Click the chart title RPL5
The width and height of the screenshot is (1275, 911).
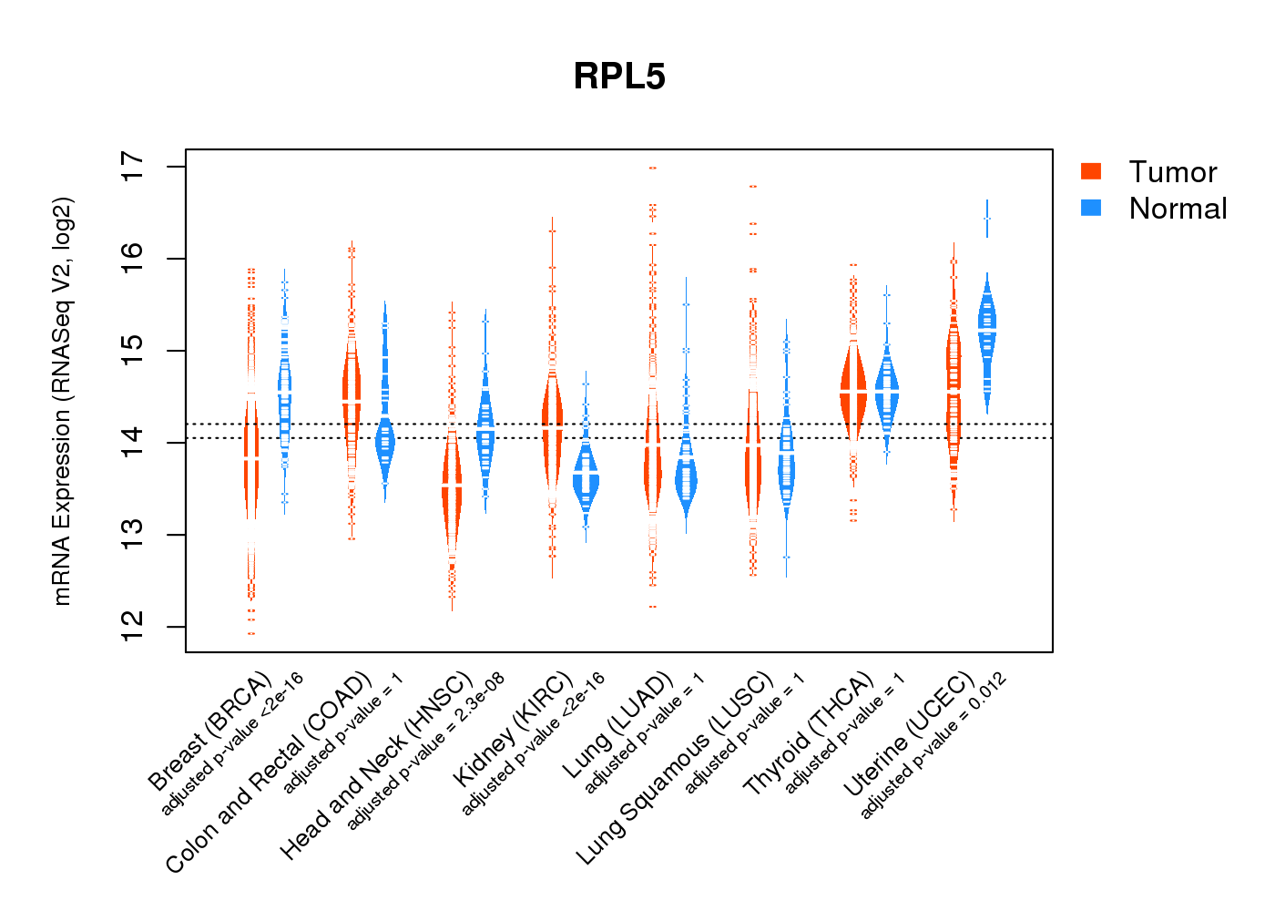click(619, 77)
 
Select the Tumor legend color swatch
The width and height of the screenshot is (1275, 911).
click(1091, 171)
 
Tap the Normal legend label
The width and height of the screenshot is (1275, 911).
click(1178, 209)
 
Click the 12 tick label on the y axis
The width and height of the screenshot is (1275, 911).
click(133, 627)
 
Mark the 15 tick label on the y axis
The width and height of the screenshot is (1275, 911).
click(133, 351)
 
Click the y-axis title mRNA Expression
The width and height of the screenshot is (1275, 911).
click(62, 401)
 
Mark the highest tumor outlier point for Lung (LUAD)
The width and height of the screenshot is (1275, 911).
click(653, 169)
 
